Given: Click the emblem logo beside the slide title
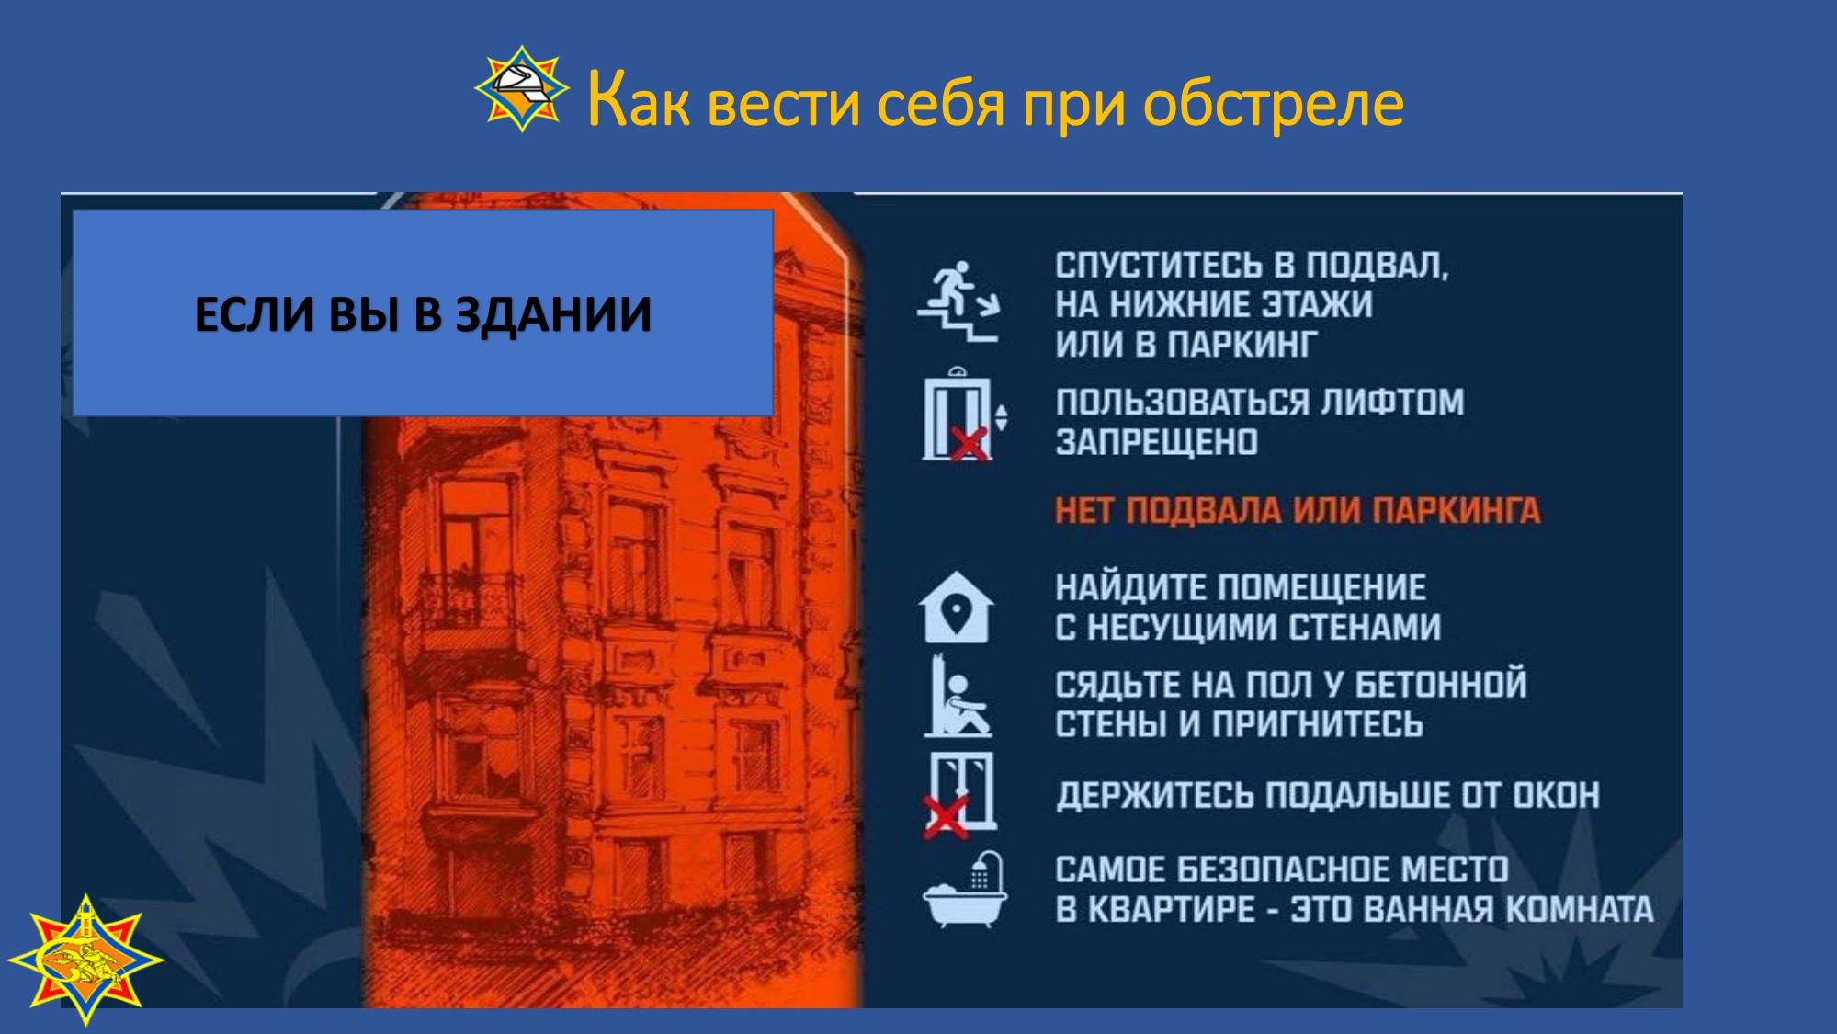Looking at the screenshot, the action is pos(522,89).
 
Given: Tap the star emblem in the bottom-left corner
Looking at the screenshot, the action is pos(85,960).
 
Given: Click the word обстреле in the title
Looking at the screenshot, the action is pos(1274,102).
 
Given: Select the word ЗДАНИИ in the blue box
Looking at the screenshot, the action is pos(553,314).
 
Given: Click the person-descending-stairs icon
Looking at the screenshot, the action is pos(958,301).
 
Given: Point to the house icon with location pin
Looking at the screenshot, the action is pos(956,608).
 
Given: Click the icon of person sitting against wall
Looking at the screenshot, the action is pos(957,696).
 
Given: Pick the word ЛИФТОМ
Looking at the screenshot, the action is pos(1391,403).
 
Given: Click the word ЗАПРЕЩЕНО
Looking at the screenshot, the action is pos(1156,442).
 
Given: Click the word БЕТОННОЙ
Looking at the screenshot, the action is pos(1441,685).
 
